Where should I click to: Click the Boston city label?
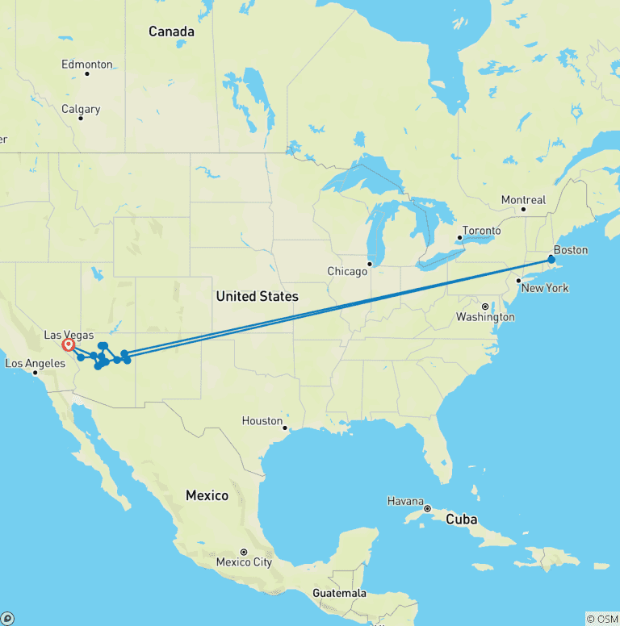pos(570,249)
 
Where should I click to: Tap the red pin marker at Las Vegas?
pos(69,345)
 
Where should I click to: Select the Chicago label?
pos(347,272)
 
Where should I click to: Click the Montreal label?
pos(523,200)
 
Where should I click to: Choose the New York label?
pos(546,288)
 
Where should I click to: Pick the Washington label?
pos(485,317)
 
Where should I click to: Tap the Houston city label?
pos(262,421)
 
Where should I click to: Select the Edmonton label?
pos(87,65)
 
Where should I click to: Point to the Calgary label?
pos(81,110)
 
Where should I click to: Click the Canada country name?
pos(171,32)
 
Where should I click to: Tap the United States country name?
pos(257,297)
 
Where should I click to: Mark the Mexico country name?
pos(207,495)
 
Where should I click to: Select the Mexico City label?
pos(244,562)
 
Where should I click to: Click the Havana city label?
pos(405,501)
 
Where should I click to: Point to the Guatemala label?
pos(339,594)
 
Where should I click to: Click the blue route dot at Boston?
pos(551,260)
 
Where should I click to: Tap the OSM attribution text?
pos(601,619)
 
